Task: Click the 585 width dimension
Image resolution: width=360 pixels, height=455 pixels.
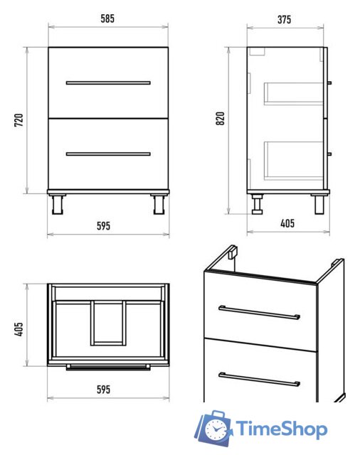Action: (x=107, y=19)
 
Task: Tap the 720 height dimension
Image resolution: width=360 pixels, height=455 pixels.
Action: (x=19, y=120)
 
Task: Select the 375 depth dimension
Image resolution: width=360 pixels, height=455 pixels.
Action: (x=284, y=19)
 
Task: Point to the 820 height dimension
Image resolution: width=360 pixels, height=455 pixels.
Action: (x=221, y=119)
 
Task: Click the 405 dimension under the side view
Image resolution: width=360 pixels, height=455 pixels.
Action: (x=287, y=223)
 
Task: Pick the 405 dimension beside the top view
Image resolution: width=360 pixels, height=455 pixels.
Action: (x=19, y=329)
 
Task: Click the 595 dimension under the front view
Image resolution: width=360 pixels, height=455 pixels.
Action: (x=104, y=226)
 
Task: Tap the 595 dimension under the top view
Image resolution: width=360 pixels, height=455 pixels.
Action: (x=104, y=390)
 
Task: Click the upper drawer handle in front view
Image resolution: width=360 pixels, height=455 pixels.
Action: (x=108, y=83)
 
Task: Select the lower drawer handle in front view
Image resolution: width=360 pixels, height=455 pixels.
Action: (x=108, y=154)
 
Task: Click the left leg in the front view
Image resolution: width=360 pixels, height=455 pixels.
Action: (x=57, y=204)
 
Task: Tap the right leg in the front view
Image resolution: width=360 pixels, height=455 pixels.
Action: (x=159, y=204)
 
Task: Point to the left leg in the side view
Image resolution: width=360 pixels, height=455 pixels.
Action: (x=258, y=204)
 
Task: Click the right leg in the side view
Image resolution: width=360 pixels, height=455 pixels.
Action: (x=319, y=205)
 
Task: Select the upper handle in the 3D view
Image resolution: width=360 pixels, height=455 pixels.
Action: (x=259, y=313)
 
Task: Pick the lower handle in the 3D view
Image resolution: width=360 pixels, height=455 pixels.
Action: (x=259, y=380)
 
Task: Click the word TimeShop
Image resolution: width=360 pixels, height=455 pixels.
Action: (x=281, y=429)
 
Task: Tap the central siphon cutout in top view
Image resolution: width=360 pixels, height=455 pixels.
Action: (x=108, y=323)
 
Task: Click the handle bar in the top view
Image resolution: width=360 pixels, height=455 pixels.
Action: (x=108, y=368)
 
